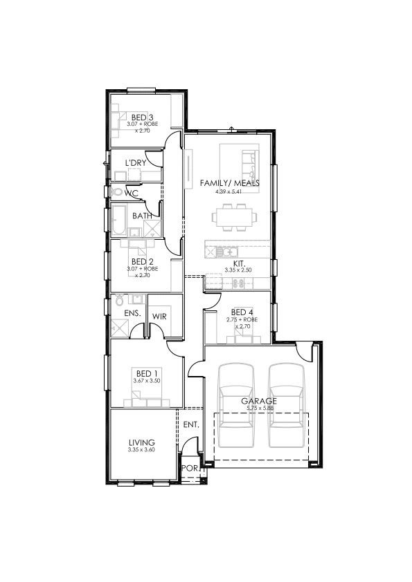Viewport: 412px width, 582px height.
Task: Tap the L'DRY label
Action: point(135,162)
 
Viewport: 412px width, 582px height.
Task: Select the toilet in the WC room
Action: point(117,191)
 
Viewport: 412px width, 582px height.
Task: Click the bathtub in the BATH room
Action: point(119,220)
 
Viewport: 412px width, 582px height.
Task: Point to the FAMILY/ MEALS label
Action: point(229,183)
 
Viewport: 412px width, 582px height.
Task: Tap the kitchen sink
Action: point(227,252)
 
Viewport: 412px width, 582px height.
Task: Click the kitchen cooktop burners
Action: point(238,283)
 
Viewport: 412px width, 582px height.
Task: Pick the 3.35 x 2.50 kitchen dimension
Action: point(238,270)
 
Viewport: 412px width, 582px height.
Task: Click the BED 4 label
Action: point(242,312)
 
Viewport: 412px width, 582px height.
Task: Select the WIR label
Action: point(159,317)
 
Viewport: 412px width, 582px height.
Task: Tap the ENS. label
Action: point(132,313)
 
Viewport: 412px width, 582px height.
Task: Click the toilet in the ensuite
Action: point(119,299)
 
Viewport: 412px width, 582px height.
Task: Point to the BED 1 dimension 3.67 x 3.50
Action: point(147,380)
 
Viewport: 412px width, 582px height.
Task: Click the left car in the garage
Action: point(236,405)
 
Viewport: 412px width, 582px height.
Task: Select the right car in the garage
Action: point(286,405)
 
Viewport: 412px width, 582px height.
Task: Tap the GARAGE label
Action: point(259,401)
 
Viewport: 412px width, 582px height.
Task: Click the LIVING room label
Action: point(142,442)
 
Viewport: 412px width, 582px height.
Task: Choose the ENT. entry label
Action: point(191,424)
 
